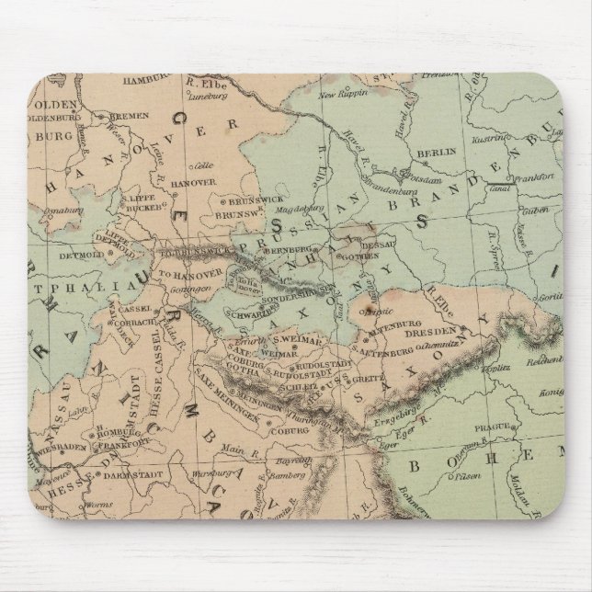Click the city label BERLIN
[x=430, y=153]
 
